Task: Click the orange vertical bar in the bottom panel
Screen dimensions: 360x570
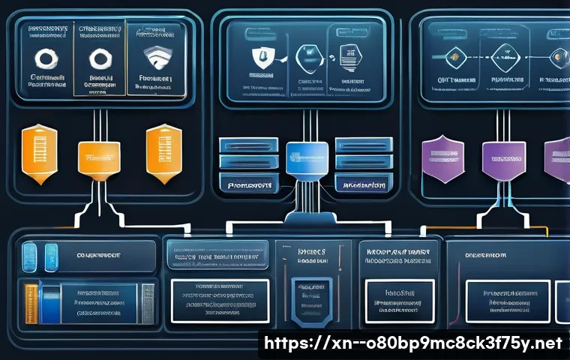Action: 32,302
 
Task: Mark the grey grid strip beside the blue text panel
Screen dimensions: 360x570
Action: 147,303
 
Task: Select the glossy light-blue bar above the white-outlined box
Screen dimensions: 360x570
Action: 216,253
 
